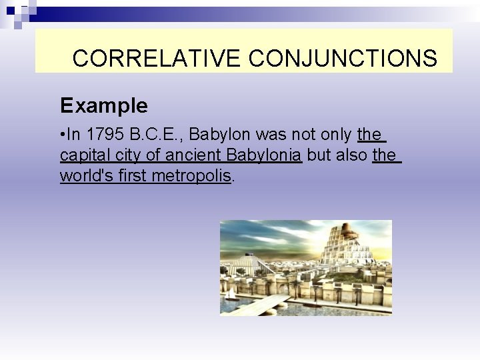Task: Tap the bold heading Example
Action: pos(103,105)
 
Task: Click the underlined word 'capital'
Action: pos(82,155)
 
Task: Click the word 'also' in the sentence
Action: pos(349,155)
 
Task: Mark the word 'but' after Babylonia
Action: pos(317,155)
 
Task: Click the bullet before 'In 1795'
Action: pos(63,135)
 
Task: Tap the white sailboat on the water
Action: pos(231,293)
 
